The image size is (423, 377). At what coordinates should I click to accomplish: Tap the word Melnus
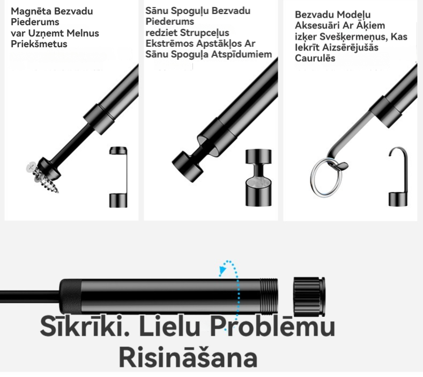coord(83,33)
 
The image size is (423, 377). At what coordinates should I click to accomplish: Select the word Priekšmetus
coord(39,44)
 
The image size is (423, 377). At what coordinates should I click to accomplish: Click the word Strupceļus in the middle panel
coord(204,32)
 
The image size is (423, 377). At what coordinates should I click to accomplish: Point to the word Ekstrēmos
coord(169,44)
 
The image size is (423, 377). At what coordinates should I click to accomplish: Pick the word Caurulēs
coord(315,58)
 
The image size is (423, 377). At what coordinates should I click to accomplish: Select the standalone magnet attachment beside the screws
coord(118,177)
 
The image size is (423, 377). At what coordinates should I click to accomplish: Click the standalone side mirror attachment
coord(258,177)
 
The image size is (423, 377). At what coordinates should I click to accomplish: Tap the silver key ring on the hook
coord(326,177)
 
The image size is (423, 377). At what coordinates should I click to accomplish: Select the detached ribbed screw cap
coord(309,296)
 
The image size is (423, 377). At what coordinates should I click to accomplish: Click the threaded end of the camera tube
coord(269,295)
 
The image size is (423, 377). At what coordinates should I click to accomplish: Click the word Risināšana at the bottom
coord(188,357)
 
